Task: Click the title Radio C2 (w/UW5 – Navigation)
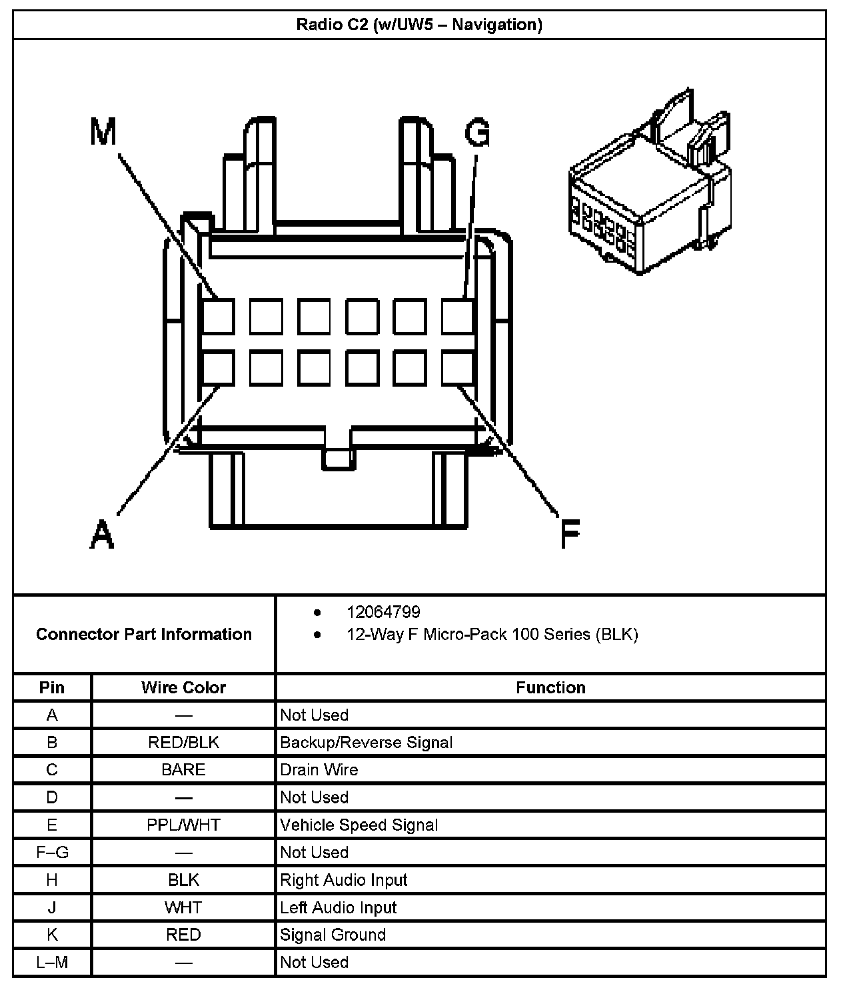pos(419,25)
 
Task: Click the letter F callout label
pos(569,533)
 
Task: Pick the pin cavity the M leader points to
pos(219,317)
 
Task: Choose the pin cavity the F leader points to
pos(458,368)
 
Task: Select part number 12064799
pos(383,612)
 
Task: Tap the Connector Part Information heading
pos(144,634)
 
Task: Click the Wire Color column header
pos(183,687)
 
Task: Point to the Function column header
pos(550,687)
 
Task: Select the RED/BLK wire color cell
pos(183,742)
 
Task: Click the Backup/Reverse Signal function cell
pos(366,742)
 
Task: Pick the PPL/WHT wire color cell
pos(183,825)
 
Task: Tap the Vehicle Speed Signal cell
pos(359,825)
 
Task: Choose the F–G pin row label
pos(52,852)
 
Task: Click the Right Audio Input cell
pos(343,880)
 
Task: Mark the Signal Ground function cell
pos(333,935)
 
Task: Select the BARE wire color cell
pos(183,769)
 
